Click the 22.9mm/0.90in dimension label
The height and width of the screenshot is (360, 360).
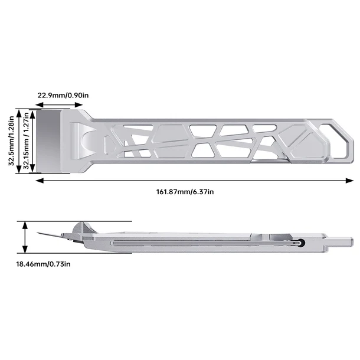(x=63, y=95)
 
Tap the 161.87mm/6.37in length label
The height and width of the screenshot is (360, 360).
(x=185, y=192)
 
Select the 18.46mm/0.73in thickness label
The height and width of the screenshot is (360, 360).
(x=43, y=264)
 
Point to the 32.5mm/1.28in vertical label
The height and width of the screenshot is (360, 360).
(x=11, y=140)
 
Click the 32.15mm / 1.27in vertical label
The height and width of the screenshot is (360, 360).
(x=26, y=140)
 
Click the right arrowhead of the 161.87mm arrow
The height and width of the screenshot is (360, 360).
(x=349, y=181)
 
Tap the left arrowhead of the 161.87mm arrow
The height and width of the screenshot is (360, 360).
(x=40, y=181)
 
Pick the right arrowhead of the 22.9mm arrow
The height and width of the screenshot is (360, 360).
(x=78, y=105)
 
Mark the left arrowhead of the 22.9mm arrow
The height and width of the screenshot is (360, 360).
(x=40, y=105)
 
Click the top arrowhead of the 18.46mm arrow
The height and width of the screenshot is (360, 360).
(x=25, y=225)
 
